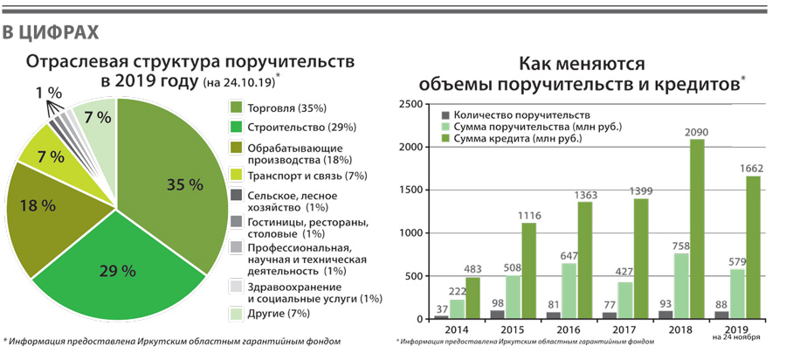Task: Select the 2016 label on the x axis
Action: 568,331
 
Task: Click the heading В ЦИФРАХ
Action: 49,33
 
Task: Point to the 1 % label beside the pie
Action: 50,93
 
